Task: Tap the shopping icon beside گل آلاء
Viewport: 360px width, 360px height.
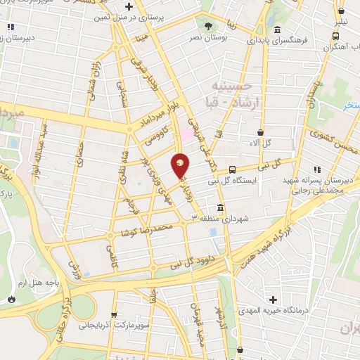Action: coord(261,131)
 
